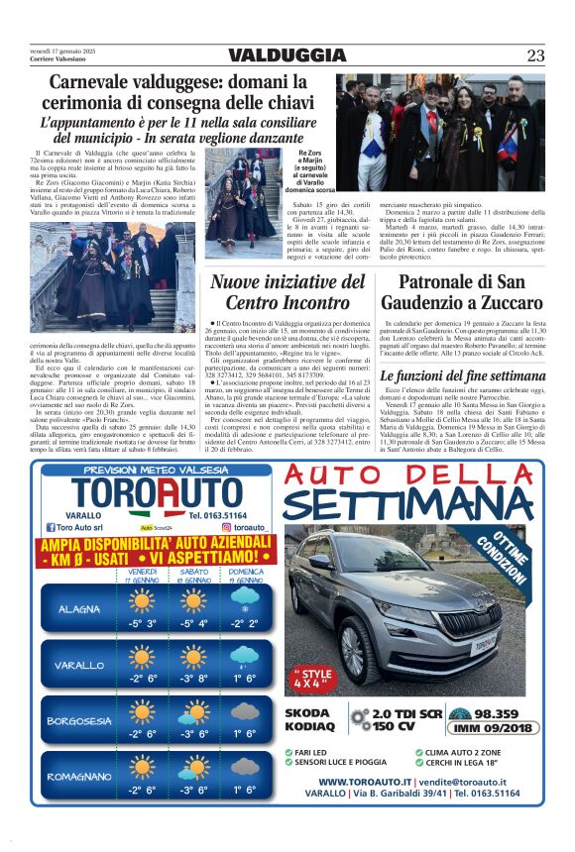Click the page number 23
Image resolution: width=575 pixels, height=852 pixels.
[x=534, y=54]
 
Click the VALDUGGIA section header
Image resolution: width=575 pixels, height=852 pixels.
[x=287, y=54]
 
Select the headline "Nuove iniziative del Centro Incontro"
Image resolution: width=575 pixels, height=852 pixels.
[x=287, y=292]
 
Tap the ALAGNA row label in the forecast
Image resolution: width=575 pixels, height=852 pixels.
[x=79, y=608]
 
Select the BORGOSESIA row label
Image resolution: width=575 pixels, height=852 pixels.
[x=79, y=720]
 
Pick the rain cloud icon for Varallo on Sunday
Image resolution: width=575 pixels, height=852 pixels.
[x=244, y=657]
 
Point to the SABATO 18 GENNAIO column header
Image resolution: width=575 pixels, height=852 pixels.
[x=192, y=576]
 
